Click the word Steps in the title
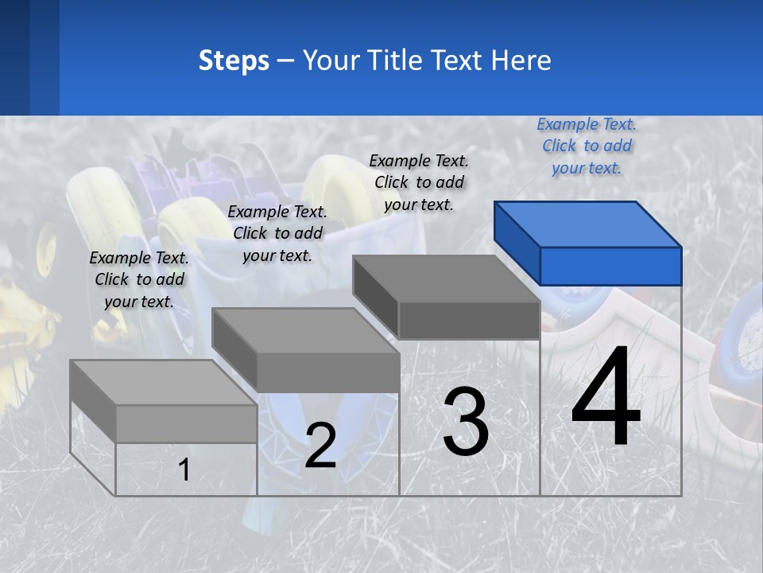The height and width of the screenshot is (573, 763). coord(234,60)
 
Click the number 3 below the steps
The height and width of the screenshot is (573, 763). coord(466,422)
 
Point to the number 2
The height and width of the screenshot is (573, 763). coord(320,446)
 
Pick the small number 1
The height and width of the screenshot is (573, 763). coord(184,470)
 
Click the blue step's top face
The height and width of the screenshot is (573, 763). coord(588,224)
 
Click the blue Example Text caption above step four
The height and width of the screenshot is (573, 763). coord(587,146)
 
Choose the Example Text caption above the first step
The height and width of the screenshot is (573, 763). coord(139,279)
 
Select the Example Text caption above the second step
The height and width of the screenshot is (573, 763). coord(277,233)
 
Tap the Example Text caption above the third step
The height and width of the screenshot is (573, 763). coord(419,182)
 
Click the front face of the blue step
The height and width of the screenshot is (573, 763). coord(610,266)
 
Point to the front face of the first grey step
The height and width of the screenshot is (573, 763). coord(186,423)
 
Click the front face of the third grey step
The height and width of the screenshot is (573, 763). coord(469,320)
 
